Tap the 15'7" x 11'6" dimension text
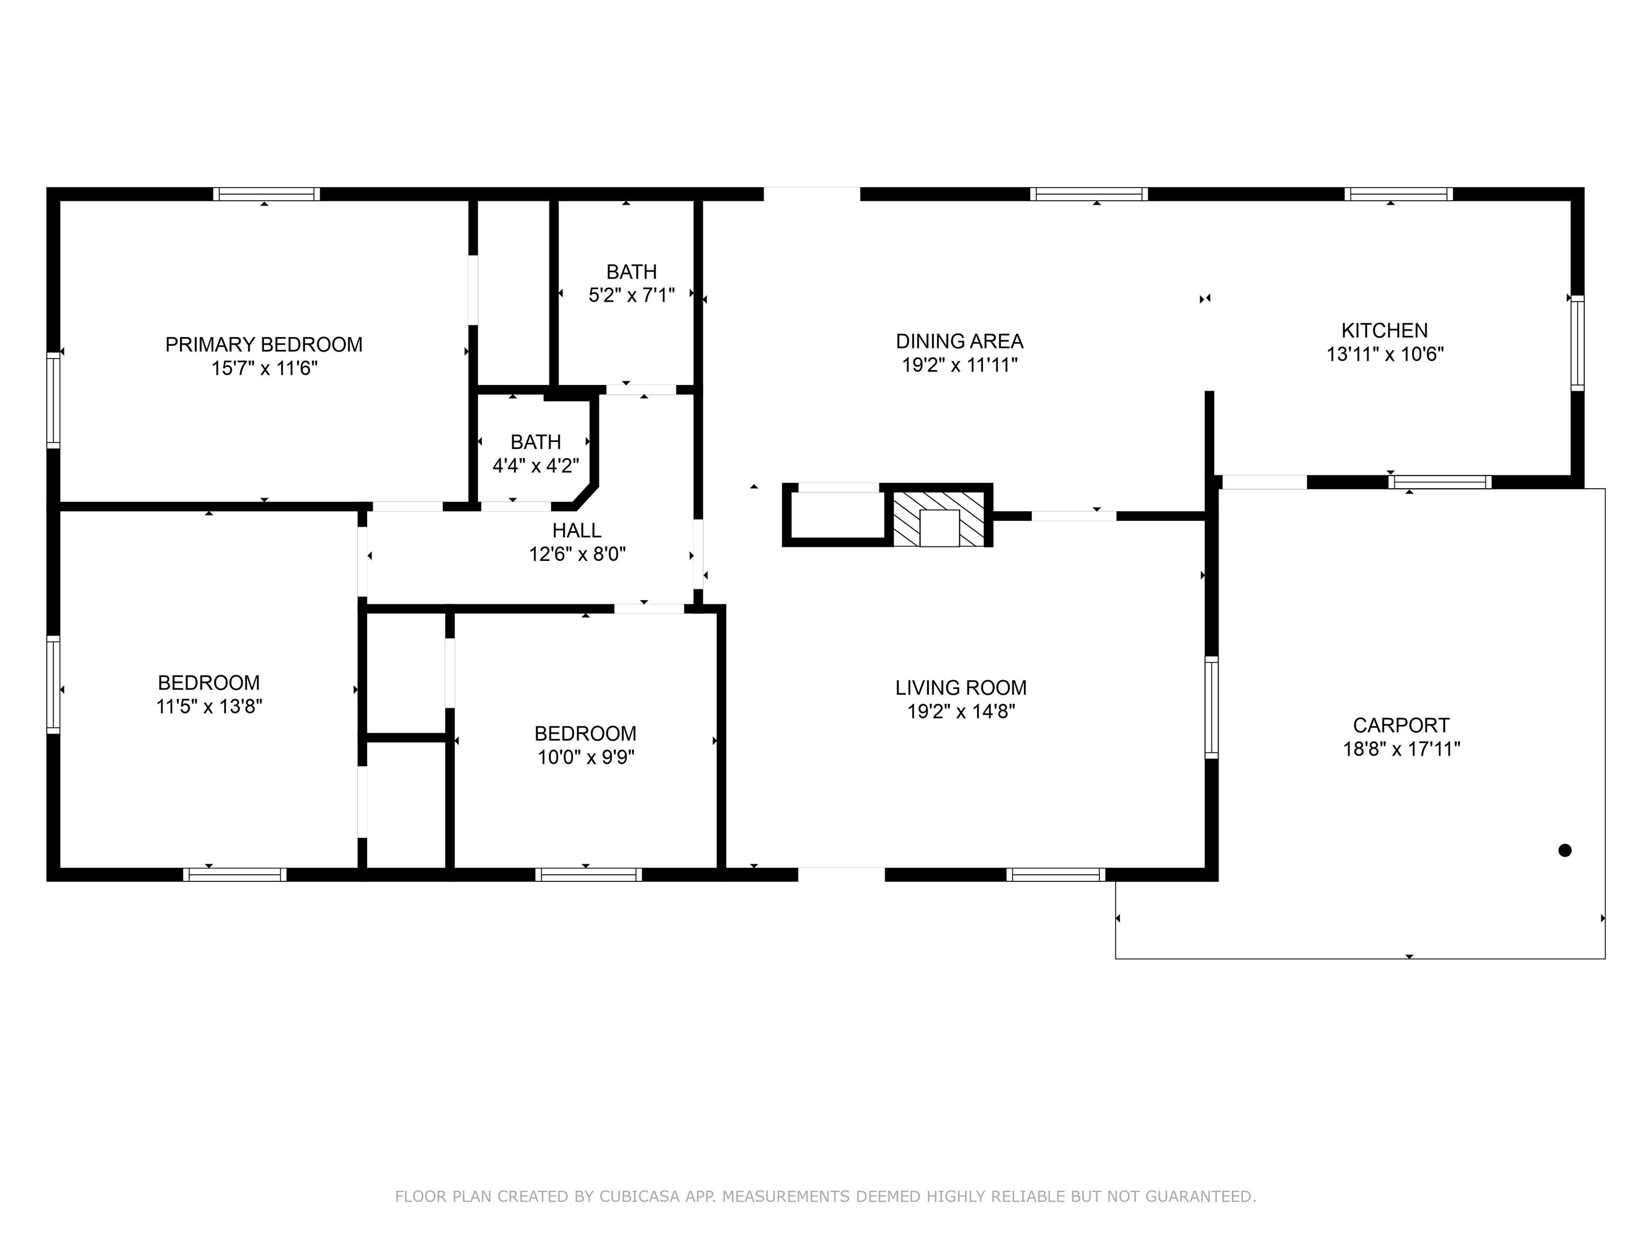[x=265, y=368]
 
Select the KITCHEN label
[x=1385, y=330]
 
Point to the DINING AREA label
[x=960, y=341]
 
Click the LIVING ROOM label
[x=961, y=687]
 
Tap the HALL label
[x=576, y=530]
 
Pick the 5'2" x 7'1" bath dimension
[x=632, y=296]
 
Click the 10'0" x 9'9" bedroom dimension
[x=586, y=757]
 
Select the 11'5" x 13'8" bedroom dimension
[x=209, y=707]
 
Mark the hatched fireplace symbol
[x=939, y=518]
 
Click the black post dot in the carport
[x=1565, y=850]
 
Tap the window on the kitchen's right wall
[x=1577, y=343]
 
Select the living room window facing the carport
[x=1212, y=707]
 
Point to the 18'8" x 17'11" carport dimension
[x=1402, y=749]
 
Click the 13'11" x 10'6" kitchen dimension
[x=1385, y=354]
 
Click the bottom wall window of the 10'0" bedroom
[x=588, y=874]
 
